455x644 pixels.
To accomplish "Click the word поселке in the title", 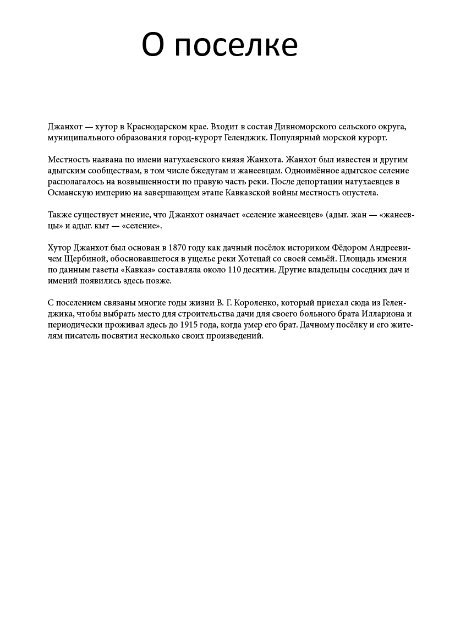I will [237, 45].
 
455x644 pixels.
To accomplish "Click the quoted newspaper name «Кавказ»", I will [135, 270].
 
